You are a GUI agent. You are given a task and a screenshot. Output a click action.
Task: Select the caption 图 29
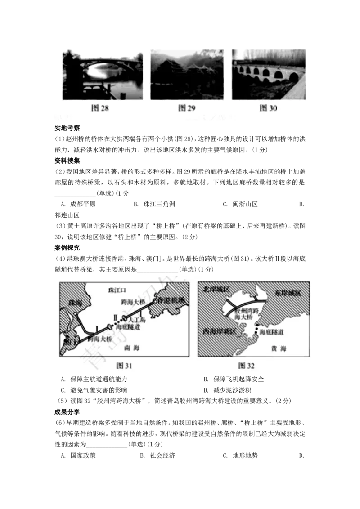(x=187, y=108)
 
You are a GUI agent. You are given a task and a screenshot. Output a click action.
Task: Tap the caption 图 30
(x=268, y=108)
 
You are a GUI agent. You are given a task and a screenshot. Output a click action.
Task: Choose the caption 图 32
(x=246, y=366)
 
